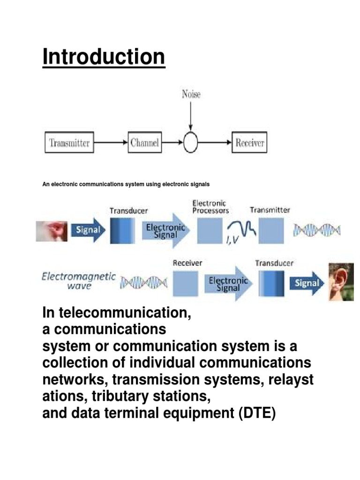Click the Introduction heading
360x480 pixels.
click(x=104, y=57)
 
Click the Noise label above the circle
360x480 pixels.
click(x=191, y=94)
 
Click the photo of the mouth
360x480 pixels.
click(x=52, y=232)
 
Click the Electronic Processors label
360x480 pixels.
click(x=210, y=207)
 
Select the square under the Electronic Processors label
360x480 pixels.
click(x=210, y=231)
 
